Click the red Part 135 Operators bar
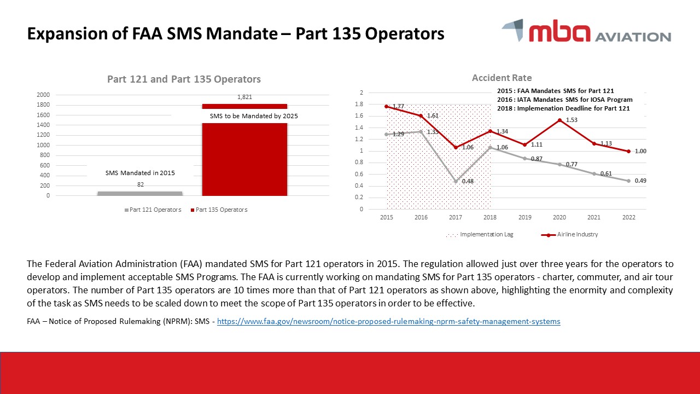tap(244, 159)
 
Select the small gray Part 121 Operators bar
tap(140, 193)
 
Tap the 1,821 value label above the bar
tap(244, 97)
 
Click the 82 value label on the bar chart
tap(140, 185)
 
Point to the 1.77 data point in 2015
tap(387, 106)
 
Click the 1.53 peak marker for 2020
tap(559, 120)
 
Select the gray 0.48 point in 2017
tap(456, 181)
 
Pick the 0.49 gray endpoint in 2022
tap(628, 181)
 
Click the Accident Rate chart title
tap(501, 78)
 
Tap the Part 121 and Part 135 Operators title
tap(184, 79)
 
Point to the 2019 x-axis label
tap(524, 218)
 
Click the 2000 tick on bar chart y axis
tap(43, 95)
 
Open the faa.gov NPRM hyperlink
tap(388, 322)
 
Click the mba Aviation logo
tap(586, 31)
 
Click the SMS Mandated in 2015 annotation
tap(140, 173)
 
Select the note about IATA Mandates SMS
tap(564, 100)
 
